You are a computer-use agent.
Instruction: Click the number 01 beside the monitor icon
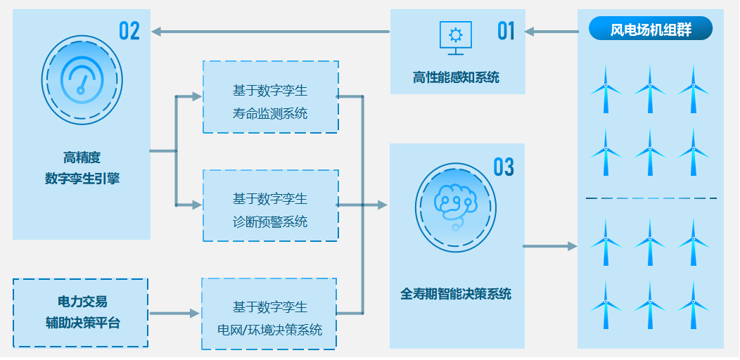(x=506, y=31)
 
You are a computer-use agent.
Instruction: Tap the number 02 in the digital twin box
(x=129, y=31)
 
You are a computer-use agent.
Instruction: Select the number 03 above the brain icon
(x=504, y=167)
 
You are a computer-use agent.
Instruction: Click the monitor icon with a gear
(x=456, y=37)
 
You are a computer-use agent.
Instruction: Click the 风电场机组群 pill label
(x=651, y=30)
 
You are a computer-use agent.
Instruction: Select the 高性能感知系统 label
(x=456, y=77)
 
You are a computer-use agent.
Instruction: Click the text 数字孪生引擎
(x=82, y=179)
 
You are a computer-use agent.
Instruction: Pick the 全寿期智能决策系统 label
(x=456, y=294)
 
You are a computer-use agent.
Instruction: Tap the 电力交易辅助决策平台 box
(x=81, y=313)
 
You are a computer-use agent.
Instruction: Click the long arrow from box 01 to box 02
(x=271, y=31)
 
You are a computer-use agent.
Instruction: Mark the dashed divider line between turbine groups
(x=651, y=198)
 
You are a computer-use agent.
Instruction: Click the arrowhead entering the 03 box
(x=383, y=205)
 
